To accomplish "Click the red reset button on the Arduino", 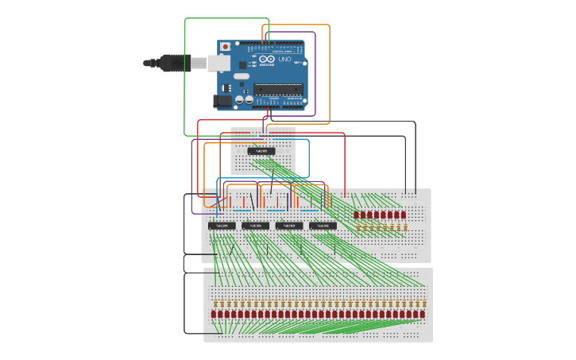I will (226, 47).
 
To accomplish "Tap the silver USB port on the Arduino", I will (219, 63).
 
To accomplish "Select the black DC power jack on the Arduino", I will (222, 101).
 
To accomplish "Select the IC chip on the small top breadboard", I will (261, 151).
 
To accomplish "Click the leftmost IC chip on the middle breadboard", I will (222, 226).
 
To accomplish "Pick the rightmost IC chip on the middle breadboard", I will (323, 226).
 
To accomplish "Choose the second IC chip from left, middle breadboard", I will (255, 226).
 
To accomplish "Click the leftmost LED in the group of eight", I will (357, 215).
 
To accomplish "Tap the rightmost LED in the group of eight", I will (404, 215).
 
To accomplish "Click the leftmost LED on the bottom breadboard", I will (213, 315).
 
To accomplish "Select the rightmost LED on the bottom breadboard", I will (423, 315).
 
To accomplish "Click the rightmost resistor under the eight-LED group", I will (404, 228).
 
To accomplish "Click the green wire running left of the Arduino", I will (185, 79).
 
